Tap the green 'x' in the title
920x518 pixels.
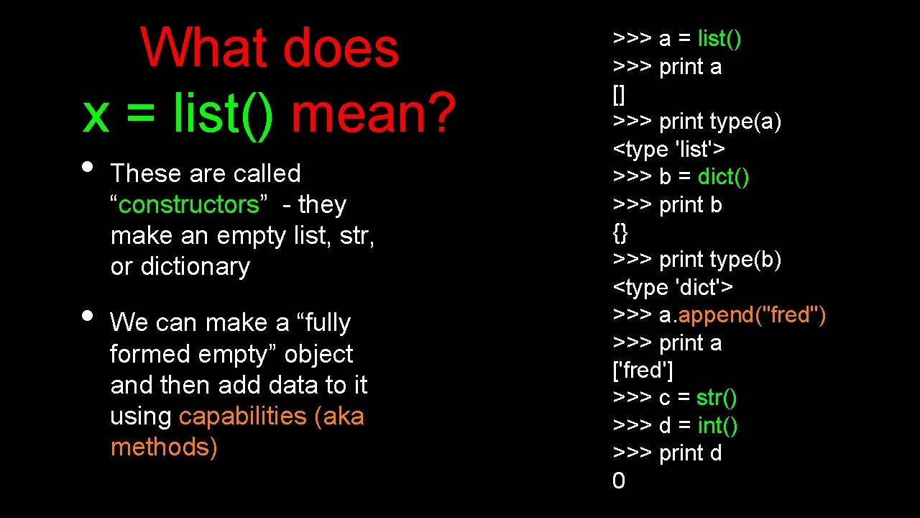[96, 115]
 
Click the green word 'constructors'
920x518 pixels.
[188, 205]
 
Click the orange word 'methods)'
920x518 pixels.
[164, 447]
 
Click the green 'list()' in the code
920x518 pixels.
[719, 39]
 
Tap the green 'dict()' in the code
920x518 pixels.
[723, 177]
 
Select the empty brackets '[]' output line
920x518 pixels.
[619, 94]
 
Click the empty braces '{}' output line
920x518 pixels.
[620, 232]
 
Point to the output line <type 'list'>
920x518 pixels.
[668, 150]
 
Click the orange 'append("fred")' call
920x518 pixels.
[752, 315]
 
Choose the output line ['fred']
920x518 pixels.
[643, 371]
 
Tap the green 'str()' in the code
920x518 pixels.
[717, 398]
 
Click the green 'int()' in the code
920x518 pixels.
[717, 426]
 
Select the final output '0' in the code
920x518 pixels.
[619, 481]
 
